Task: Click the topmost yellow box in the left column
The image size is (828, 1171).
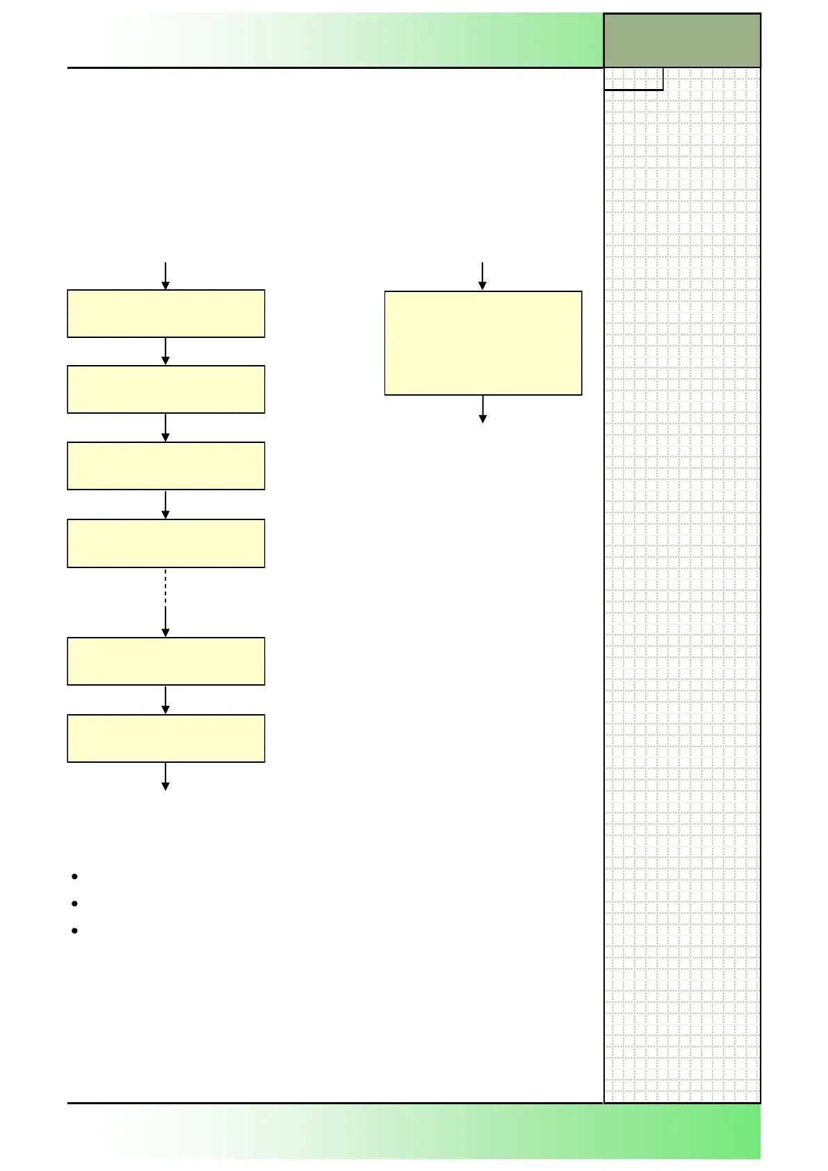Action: coord(165,314)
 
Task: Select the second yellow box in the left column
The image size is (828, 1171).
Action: coord(165,389)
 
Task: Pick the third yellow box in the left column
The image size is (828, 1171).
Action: coord(165,466)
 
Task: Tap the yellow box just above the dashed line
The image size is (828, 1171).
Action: coord(165,543)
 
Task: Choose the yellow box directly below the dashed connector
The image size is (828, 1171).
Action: coord(165,661)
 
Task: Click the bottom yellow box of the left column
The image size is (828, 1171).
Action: coord(165,738)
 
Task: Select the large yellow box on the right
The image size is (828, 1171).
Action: coord(482,343)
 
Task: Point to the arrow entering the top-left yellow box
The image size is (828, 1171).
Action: coord(165,276)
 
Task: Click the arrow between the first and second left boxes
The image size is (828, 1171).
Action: coord(165,352)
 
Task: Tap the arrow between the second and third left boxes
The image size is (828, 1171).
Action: coord(165,428)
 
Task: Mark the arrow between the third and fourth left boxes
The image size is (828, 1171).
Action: coord(165,505)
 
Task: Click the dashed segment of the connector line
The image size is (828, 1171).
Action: coord(165,587)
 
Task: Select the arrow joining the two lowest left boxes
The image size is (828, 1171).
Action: coord(165,700)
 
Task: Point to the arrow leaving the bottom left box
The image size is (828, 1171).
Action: coord(165,777)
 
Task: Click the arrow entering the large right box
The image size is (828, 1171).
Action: coord(482,277)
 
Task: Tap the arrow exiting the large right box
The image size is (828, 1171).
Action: coord(482,410)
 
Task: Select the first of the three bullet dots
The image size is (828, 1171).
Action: coord(74,876)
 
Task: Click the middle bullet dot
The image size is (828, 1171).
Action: coord(74,903)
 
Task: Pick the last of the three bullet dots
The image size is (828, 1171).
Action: coord(74,930)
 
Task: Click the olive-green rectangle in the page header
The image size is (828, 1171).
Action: coord(681,40)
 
